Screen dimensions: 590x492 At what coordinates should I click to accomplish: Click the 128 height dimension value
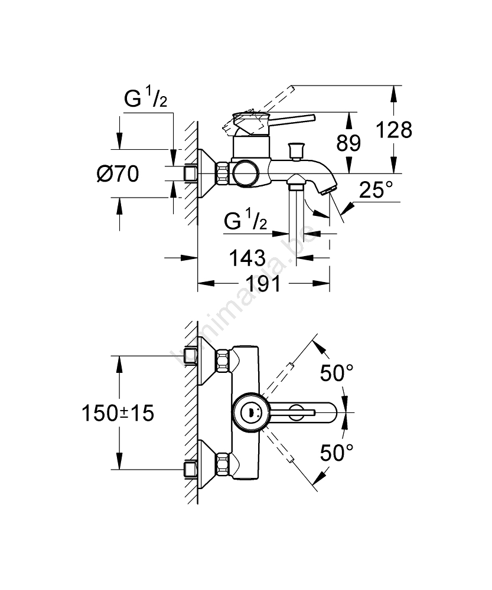(395, 130)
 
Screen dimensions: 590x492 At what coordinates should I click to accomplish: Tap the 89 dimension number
(348, 142)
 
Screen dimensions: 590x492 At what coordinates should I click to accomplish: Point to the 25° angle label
(376, 190)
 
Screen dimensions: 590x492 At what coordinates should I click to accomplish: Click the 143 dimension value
(246, 258)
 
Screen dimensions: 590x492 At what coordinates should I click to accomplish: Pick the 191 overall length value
(263, 284)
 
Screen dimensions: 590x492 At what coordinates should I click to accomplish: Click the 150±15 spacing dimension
(118, 413)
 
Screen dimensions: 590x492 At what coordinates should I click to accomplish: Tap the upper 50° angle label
(337, 372)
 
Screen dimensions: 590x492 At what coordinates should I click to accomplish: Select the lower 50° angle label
(337, 453)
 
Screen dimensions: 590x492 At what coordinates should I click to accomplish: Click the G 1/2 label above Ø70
(145, 100)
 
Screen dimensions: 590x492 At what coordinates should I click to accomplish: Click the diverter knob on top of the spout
(295, 151)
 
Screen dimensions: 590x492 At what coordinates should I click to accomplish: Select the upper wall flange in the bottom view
(207, 361)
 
